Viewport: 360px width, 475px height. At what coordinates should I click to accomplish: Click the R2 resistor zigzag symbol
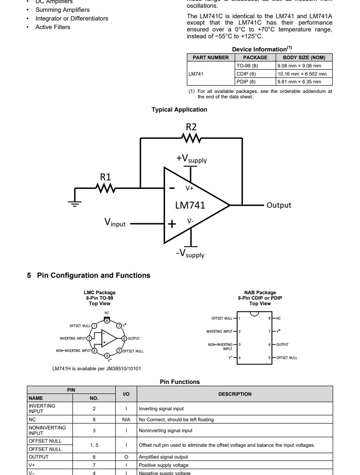[x=191, y=138]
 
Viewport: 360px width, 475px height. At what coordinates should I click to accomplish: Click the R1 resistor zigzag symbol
[x=105, y=187]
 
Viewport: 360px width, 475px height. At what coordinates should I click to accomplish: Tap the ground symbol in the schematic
[x=75, y=203]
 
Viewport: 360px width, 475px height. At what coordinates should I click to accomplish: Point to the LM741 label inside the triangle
[x=190, y=205]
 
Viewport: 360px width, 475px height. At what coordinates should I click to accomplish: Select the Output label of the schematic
[x=278, y=205]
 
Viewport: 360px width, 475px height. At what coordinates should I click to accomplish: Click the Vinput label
[x=115, y=223]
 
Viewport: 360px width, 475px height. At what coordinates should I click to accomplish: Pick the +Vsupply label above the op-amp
[x=191, y=159]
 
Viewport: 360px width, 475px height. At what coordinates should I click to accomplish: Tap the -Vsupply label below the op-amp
[x=190, y=254]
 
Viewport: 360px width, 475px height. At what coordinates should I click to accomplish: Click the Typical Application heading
[x=179, y=110]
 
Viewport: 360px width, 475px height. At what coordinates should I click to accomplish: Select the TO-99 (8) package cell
[x=247, y=66]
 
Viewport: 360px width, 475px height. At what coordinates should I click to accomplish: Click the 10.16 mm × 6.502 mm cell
[x=302, y=74]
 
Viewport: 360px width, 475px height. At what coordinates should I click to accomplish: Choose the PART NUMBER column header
[x=211, y=57]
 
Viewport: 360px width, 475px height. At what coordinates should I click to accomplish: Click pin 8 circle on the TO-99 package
[x=107, y=320]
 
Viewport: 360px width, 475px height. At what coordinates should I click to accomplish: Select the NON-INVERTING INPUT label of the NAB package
[x=220, y=347]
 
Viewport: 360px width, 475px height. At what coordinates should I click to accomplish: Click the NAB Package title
[x=260, y=293]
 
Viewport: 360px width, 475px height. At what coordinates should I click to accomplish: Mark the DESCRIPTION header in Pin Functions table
[x=235, y=394]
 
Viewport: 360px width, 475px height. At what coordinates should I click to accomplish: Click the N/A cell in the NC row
[x=126, y=419]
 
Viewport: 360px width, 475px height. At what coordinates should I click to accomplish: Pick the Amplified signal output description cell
[x=163, y=457]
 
